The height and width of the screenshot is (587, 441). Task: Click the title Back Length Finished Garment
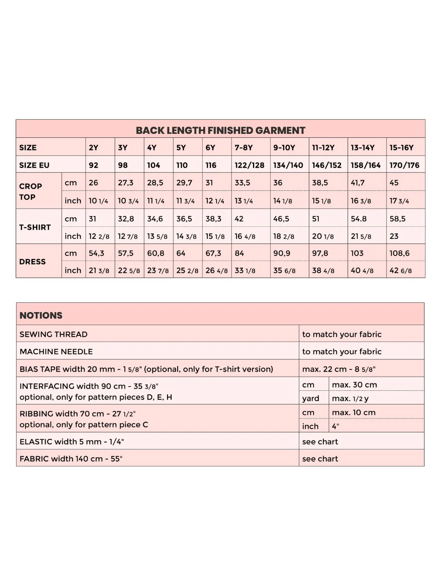pyautogui.click(x=220, y=130)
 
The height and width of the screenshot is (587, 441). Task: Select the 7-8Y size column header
pyautogui.click(x=244, y=148)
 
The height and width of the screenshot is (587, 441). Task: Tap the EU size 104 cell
pyautogui.click(x=153, y=165)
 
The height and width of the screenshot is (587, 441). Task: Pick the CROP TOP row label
pyautogui.click(x=31, y=192)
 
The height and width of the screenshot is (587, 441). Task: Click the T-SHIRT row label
pyautogui.click(x=35, y=227)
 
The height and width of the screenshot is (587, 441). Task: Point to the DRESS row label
pyautogui.click(x=32, y=261)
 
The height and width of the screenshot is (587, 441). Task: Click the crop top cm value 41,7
pyautogui.click(x=358, y=183)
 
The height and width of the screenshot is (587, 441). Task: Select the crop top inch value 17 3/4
pyautogui.click(x=399, y=201)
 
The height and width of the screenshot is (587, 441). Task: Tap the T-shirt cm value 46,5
pyautogui.click(x=281, y=219)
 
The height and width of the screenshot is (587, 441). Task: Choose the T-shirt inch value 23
pyautogui.click(x=394, y=236)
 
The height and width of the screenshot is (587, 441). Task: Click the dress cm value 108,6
pyautogui.click(x=400, y=253)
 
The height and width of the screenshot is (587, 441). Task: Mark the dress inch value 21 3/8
pyautogui.click(x=99, y=271)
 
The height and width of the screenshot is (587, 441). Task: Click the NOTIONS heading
pyautogui.click(x=41, y=315)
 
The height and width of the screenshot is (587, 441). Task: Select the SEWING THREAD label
pyautogui.click(x=54, y=334)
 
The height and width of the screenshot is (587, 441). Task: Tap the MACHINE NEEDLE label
pyautogui.click(x=56, y=351)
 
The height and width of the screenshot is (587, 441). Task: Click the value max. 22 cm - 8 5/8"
pyautogui.click(x=338, y=369)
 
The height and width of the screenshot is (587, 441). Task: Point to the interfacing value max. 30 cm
pyautogui.click(x=354, y=384)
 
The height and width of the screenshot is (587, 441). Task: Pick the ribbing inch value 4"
pyautogui.click(x=335, y=426)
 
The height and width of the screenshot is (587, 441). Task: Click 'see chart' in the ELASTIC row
pyautogui.click(x=320, y=441)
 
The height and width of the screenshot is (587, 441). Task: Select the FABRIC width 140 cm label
pyautogui.click(x=71, y=459)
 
